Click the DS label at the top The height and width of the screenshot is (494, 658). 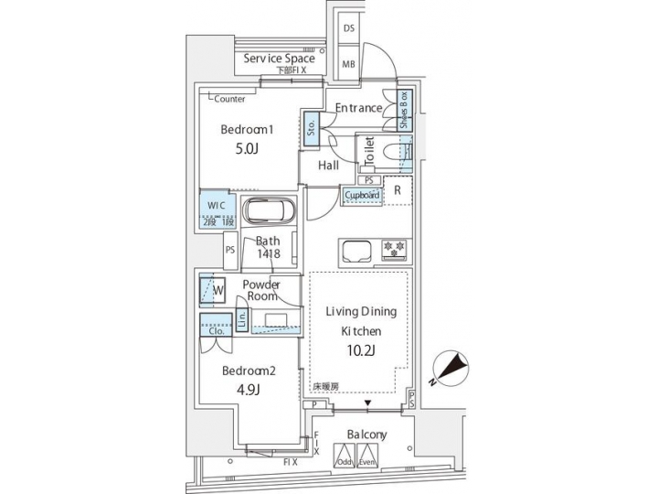pyautogui.click(x=349, y=28)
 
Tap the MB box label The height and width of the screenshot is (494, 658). pyautogui.click(x=349, y=64)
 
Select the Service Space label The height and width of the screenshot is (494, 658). pyautogui.click(x=279, y=59)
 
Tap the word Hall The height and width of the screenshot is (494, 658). pyautogui.click(x=329, y=166)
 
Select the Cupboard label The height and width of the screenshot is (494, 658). pyautogui.click(x=363, y=194)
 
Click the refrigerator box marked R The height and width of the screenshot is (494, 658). pyautogui.click(x=398, y=189)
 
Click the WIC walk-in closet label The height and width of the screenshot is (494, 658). pyautogui.click(x=216, y=205)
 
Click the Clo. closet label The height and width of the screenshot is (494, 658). pyautogui.click(x=217, y=331)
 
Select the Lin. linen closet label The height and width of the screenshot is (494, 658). pyautogui.click(x=241, y=319)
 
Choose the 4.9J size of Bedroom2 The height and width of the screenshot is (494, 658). pyautogui.click(x=248, y=391)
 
